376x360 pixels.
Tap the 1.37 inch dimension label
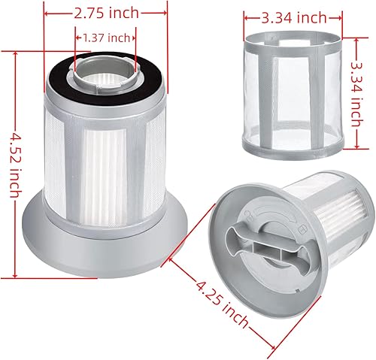point(105,38)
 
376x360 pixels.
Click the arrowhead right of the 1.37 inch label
point(133,38)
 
